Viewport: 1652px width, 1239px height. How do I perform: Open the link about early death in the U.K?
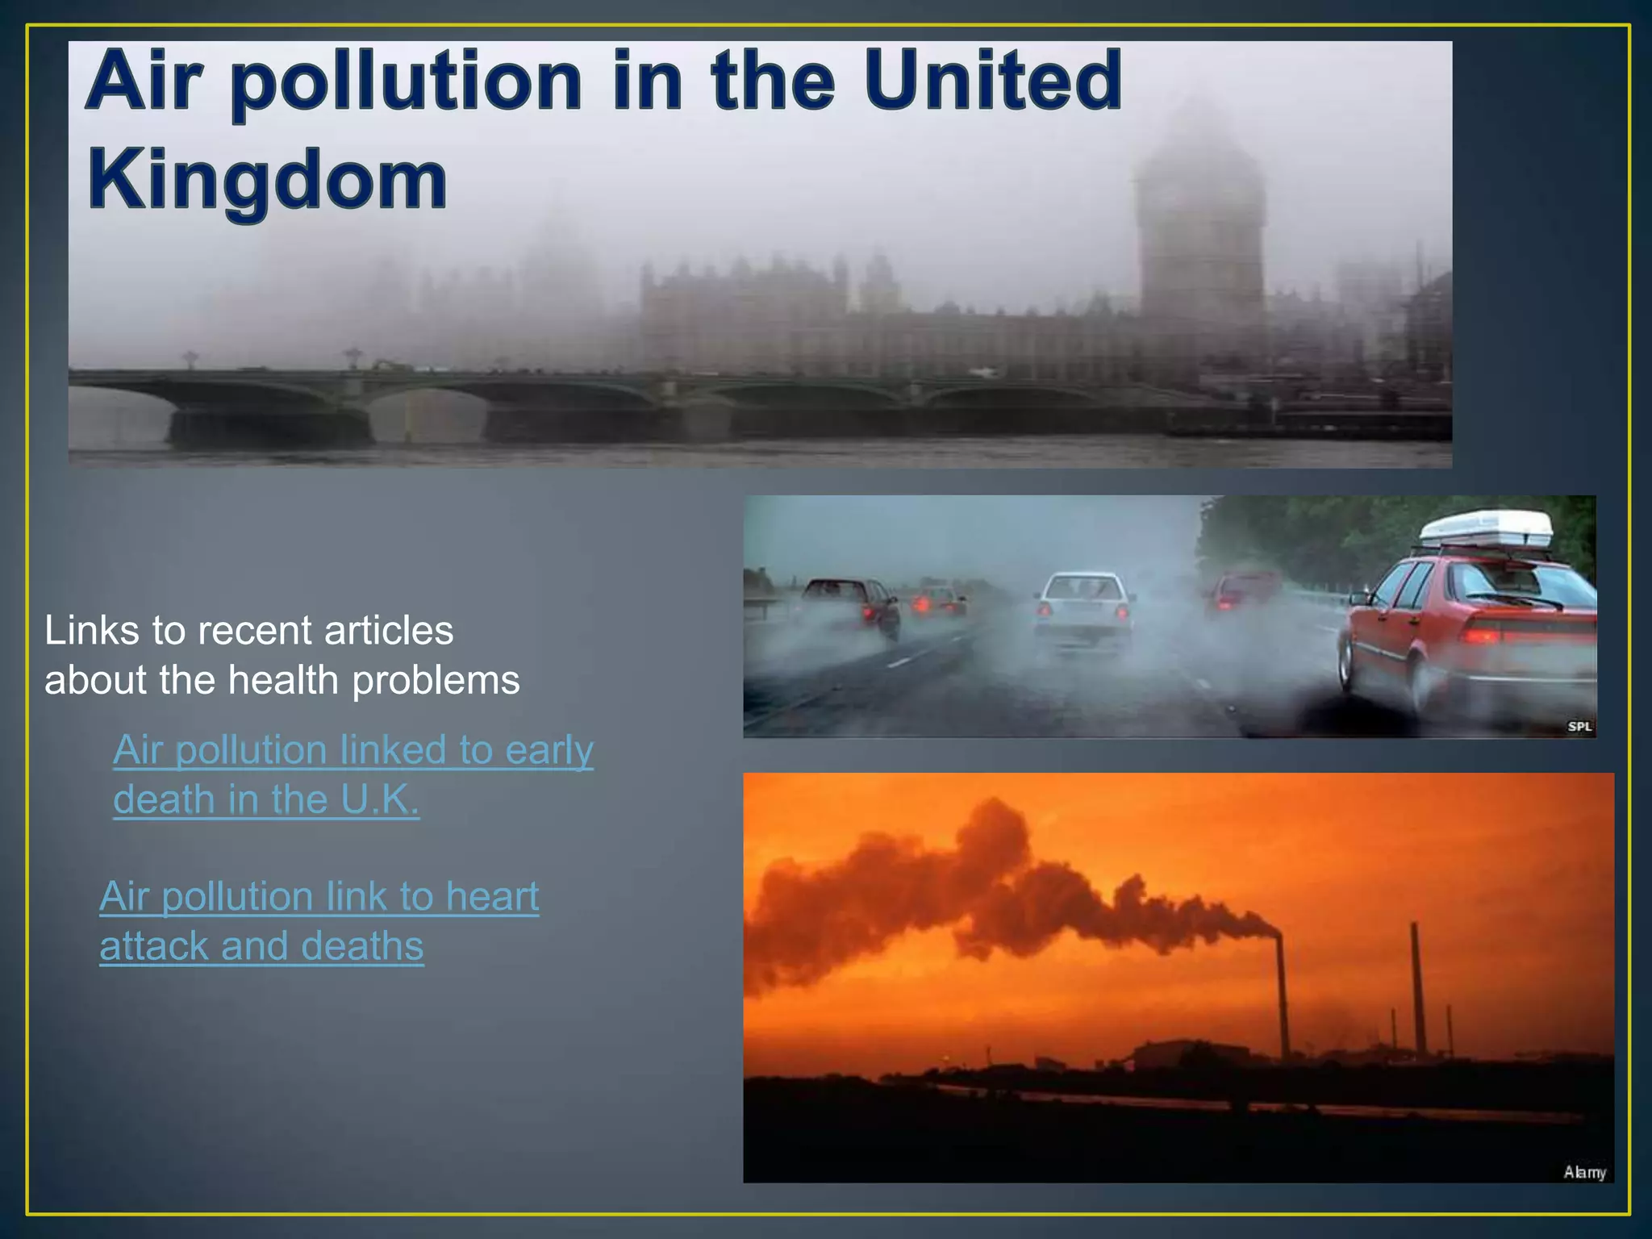(353, 774)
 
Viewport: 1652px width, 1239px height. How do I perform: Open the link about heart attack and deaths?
(319, 920)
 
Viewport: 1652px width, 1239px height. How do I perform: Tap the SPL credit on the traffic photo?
(1579, 726)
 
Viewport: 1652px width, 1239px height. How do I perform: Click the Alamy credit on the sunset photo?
(1584, 1172)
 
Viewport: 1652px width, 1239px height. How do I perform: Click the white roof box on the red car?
(1485, 528)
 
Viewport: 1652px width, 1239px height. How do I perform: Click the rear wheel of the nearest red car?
(1345, 664)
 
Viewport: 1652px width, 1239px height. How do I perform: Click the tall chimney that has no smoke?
(1417, 988)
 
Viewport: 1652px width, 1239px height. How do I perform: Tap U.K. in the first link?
(379, 799)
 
